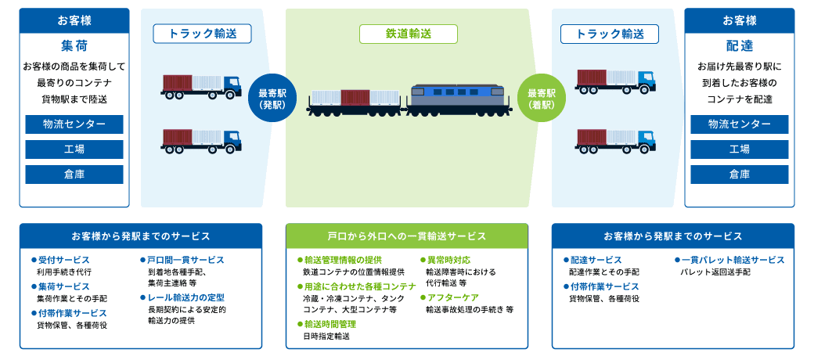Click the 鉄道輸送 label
point(408,34)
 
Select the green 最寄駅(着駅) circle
point(542,99)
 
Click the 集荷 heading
point(72,45)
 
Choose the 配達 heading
point(739,45)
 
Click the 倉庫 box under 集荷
point(74,174)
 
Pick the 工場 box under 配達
point(739,149)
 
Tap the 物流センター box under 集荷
point(74,124)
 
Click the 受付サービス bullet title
point(63,260)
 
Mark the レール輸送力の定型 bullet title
point(185,297)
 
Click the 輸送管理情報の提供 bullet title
point(343,260)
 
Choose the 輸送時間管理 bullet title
point(330,324)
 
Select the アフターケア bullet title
point(452,297)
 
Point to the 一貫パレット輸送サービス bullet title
point(732,260)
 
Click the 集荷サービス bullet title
point(63,286)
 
